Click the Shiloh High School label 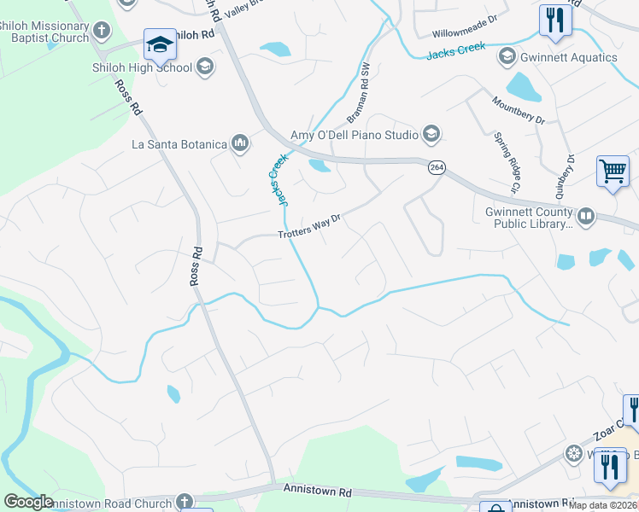tap(143, 67)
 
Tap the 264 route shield tap(437, 168)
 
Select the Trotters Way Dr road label tap(309, 228)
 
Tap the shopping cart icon tap(613, 172)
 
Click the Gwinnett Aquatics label tap(570, 57)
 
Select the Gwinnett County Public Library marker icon tap(586, 217)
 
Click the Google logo tap(28, 502)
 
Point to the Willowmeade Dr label tap(464, 32)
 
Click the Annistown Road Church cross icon tap(185, 503)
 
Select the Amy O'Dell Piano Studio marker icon tap(431, 133)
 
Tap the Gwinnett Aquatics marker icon tap(506, 57)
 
